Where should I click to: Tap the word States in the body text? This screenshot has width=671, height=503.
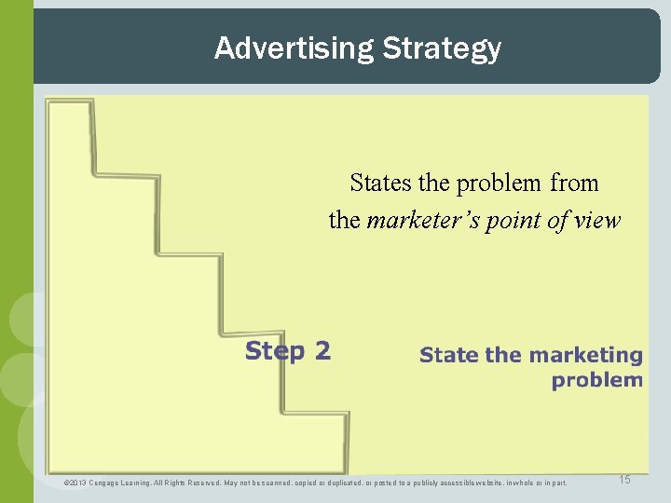click(x=378, y=184)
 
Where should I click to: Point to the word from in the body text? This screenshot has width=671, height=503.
click(x=574, y=184)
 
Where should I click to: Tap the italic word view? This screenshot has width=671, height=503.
click(x=596, y=220)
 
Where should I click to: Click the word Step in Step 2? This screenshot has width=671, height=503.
click(x=274, y=351)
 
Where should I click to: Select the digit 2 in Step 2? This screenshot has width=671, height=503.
click(x=322, y=351)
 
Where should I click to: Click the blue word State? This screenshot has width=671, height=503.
click(x=448, y=355)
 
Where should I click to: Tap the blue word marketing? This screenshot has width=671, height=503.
click(x=584, y=355)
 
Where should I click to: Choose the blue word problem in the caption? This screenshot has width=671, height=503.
click(x=596, y=380)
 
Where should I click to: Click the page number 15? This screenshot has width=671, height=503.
click(x=624, y=480)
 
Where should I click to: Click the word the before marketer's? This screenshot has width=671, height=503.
click(x=344, y=220)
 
